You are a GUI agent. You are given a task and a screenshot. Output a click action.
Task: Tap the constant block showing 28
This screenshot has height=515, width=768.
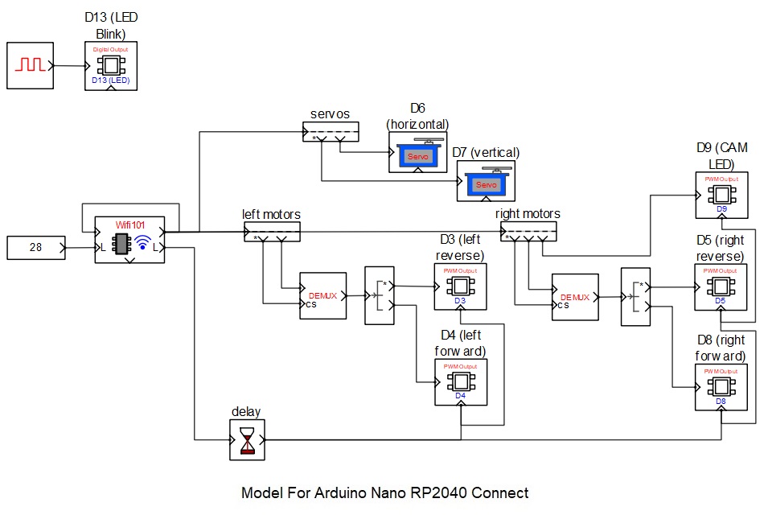37,248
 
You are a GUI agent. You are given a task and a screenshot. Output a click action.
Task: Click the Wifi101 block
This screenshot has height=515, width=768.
129,240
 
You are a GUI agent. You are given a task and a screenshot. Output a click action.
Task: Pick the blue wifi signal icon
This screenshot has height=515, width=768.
142,243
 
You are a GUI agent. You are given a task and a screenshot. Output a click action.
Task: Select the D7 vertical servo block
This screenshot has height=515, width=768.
487,181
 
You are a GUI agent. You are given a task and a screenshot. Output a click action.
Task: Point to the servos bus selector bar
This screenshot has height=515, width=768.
331,130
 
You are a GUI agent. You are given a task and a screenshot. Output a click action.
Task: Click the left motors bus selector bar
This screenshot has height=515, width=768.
272,232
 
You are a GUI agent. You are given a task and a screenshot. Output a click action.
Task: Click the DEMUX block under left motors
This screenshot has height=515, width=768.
322,296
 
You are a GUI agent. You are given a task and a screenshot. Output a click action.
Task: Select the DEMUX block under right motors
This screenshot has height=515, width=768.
575,297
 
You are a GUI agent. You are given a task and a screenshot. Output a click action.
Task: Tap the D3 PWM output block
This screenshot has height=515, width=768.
459,286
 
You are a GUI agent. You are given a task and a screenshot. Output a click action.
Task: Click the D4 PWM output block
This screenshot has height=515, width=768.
459,381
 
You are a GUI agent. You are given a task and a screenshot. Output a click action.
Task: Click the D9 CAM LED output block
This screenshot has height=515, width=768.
721,195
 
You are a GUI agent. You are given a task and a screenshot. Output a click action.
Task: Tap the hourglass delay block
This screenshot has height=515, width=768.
247,440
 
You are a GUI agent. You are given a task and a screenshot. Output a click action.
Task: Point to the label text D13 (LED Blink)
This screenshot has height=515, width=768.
111,26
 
